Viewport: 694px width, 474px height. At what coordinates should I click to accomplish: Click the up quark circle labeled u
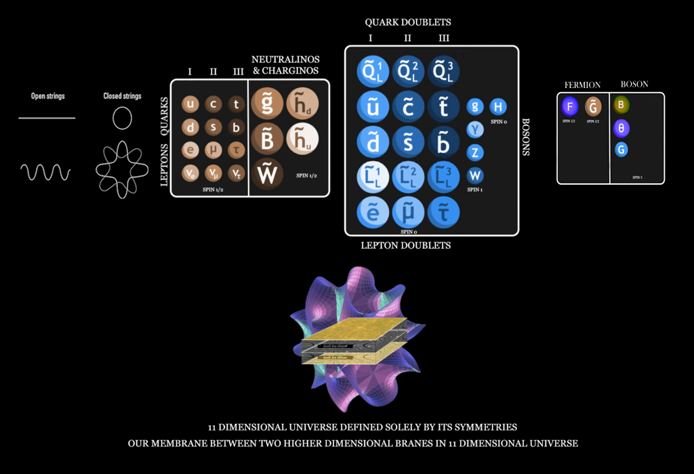(190, 104)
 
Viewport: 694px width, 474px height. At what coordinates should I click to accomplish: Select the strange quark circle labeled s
(213, 127)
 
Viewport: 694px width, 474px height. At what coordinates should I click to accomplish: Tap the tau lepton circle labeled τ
(237, 150)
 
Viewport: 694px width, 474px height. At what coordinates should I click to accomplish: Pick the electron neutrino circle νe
(190, 173)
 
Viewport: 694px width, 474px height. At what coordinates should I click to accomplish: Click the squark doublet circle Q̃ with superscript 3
(443, 70)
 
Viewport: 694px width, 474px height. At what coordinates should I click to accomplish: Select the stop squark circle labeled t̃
(443, 106)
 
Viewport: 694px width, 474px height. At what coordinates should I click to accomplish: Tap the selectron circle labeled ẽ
(373, 212)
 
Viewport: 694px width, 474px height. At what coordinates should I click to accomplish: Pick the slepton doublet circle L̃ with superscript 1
(373, 177)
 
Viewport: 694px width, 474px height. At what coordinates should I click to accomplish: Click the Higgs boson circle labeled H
(498, 106)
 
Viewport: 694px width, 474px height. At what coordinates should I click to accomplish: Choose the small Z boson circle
(475, 152)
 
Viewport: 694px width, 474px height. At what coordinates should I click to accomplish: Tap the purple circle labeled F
(570, 106)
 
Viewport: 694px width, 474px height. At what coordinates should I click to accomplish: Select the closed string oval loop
(122, 118)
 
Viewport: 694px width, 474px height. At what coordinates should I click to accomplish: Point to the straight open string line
(47, 118)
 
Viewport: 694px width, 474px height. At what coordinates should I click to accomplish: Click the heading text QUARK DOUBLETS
(408, 22)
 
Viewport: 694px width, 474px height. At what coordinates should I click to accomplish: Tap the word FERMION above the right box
(582, 85)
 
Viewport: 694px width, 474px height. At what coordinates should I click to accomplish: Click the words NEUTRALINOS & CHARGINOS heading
(285, 65)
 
